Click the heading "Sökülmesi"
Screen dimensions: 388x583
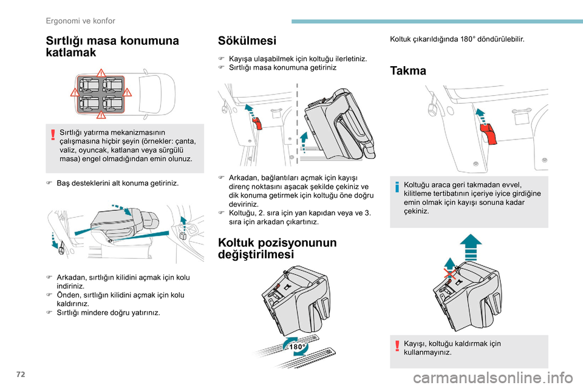pos(247,41)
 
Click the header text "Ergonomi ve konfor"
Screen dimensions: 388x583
pos(80,21)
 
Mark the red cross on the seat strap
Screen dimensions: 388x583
pos(450,274)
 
